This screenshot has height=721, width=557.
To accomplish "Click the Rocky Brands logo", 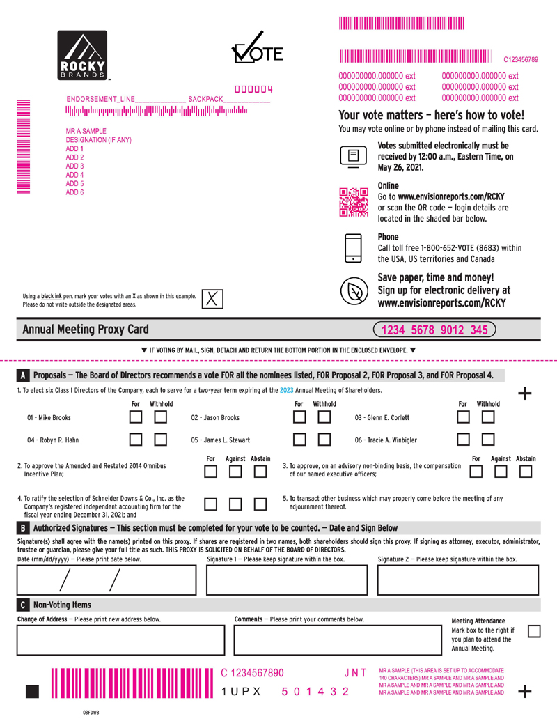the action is (82, 55).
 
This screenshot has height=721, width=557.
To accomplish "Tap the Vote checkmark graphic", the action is (257, 47).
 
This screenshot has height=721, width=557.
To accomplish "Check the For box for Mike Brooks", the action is (136, 417).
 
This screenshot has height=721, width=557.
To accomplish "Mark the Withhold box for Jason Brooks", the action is (324, 417).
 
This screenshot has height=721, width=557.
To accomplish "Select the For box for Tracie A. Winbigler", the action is (463, 439).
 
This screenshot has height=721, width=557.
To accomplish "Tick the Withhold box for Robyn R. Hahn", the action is (160, 439).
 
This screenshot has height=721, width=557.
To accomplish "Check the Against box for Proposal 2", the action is (235, 472).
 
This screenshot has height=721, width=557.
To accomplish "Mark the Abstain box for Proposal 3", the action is (525, 472).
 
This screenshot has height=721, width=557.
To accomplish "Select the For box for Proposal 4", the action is (210, 504).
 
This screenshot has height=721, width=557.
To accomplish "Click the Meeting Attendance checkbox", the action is (534, 631).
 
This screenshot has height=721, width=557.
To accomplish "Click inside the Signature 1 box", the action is (287, 580).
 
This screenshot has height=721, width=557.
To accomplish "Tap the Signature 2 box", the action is (457, 580).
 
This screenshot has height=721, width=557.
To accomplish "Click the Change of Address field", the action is (121, 639).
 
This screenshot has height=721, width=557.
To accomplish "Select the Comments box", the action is (338, 639).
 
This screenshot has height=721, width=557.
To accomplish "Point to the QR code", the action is (354, 202).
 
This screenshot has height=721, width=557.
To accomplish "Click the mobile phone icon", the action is (354, 248).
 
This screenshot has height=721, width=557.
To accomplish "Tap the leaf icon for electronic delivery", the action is (354, 291).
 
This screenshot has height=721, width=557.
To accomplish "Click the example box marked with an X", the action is (212, 299).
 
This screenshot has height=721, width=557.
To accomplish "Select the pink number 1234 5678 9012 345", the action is (434, 330).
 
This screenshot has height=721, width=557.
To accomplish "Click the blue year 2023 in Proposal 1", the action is (286, 390).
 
